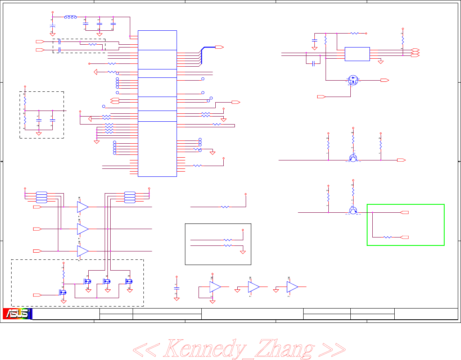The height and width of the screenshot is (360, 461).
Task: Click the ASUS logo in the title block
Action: click(18, 314)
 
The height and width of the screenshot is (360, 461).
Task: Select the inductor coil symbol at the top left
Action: click(71, 17)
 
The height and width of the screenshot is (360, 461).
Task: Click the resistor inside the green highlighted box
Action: click(387, 237)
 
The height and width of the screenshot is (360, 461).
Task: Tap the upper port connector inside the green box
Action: click(405, 212)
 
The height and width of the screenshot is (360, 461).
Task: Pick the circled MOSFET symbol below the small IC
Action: click(353, 80)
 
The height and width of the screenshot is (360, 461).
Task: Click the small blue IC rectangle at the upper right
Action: click(357, 54)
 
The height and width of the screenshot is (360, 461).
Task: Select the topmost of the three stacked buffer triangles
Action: click(82, 207)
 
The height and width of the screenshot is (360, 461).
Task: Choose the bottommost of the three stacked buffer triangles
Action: click(82, 251)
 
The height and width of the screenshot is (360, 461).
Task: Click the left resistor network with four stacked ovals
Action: click(42, 197)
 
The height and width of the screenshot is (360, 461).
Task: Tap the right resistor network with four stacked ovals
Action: click(130, 197)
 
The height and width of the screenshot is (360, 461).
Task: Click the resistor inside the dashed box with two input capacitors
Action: click(92, 44)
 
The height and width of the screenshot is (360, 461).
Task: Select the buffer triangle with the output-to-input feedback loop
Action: click(215, 287)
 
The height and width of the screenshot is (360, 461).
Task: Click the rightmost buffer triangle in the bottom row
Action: click(292, 287)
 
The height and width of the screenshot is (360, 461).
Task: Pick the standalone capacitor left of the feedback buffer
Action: click(177, 287)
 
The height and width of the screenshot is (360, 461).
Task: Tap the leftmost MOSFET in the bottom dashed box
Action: click(63, 292)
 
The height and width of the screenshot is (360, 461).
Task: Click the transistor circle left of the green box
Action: click(353, 210)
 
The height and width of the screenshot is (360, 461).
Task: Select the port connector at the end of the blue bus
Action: click(219, 47)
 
